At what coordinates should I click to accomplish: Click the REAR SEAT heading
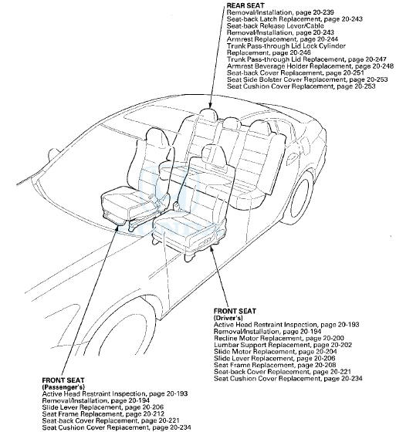tap(247, 5)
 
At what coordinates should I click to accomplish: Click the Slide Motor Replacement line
tap(267, 352)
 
